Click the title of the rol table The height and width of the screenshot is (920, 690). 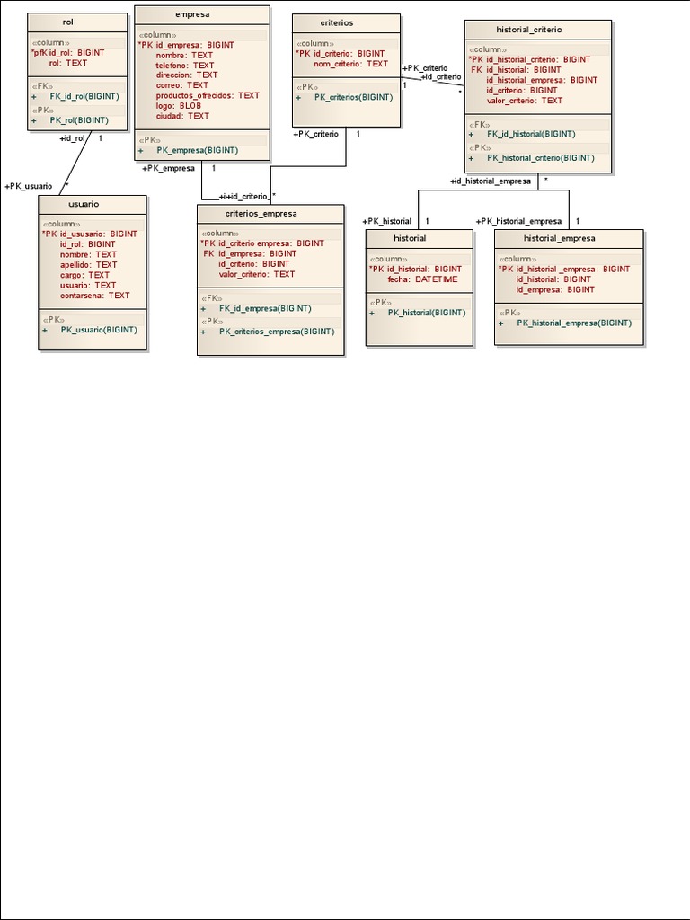(x=68, y=22)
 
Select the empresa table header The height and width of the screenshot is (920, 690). (x=193, y=14)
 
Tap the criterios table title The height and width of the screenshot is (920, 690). (x=336, y=22)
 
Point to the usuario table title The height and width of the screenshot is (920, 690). (x=84, y=204)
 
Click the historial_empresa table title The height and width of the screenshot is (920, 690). (x=559, y=238)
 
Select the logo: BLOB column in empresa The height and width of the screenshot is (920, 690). (x=178, y=105)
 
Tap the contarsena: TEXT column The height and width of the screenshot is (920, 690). (x=94, y=295)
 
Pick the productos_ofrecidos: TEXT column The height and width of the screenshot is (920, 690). (x=208, y=95)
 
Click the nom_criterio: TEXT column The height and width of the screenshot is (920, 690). (x=350, y=64)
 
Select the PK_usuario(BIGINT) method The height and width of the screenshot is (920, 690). (x=99, y=330)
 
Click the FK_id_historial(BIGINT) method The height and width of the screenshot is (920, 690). (x=531, y=134)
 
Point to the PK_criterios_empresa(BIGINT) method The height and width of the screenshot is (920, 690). (x=276, y=331)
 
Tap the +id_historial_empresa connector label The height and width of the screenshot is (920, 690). (x=491, y=181)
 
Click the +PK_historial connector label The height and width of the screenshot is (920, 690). (x=386, y=221)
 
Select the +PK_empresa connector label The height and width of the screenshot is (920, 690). (x=168, y=167)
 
